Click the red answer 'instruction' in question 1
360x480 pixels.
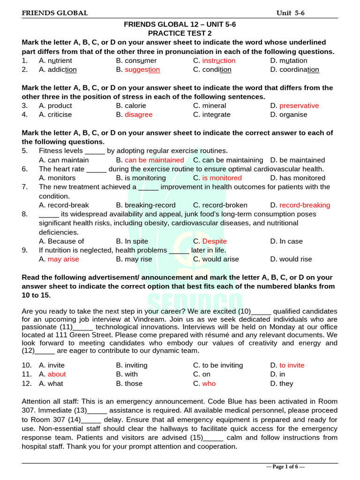click(x=219, y=60)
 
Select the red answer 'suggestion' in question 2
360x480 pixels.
click(x=142, y=70)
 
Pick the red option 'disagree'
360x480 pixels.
click(x=138, y=114)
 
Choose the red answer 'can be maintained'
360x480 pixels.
click(x=154, y=160)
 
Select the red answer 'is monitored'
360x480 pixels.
click(x=222, y=178)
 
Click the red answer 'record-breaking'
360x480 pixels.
click(x=305, y=205)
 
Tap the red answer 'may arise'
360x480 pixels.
click(x=64, y=259)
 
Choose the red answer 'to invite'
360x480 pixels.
click(x=292, y=365)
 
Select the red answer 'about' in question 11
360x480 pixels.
click(x=57, y=374)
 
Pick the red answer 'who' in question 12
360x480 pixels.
click(x=209, y=383)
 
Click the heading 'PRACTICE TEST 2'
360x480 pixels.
click(x=180, y=33)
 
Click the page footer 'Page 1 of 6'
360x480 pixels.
click(x=286, y=467)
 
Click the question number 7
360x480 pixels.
click(x=24, y=187)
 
